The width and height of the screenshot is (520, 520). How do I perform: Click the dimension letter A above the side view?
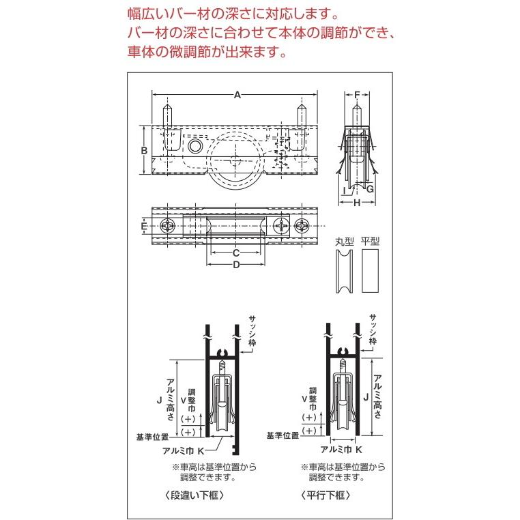click(x=237, y=95)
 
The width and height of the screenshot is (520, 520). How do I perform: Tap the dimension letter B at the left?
click(x=144, y=151)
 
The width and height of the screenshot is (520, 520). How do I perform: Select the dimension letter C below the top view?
click(x=236, y=253)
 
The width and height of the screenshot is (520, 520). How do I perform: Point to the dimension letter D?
click(x=236, y=265)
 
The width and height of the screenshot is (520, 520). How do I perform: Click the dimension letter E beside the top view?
click(x=143, y=226)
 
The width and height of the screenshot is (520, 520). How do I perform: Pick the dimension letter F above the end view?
click(x=357, y=95)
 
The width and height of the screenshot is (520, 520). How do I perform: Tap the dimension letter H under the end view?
click(x=357, y=202)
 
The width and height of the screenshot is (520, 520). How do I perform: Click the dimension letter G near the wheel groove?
click(x=370, y=189)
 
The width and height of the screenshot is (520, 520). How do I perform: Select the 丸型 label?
click(x=344, y=242)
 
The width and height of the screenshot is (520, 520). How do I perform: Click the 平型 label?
click(x=370, y=242)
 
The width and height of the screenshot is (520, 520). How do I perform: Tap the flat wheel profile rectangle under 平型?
click(x=370, y=271)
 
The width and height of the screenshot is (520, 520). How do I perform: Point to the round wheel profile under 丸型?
click(x=344, y=271)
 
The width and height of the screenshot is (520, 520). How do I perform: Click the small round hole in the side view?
click(x=194, y=145)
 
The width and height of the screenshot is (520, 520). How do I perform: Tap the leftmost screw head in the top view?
click(x=168, y=226)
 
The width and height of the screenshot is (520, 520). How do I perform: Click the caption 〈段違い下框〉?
click(x=194, y=495)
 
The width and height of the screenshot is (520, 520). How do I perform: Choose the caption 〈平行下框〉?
click(x=326, y=495)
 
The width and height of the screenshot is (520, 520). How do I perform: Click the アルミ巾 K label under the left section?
click(x=184, y=450)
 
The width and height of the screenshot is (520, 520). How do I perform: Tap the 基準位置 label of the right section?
click(x=283, y=435)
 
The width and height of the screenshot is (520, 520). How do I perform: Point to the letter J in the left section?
click(x=160, y=401)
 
